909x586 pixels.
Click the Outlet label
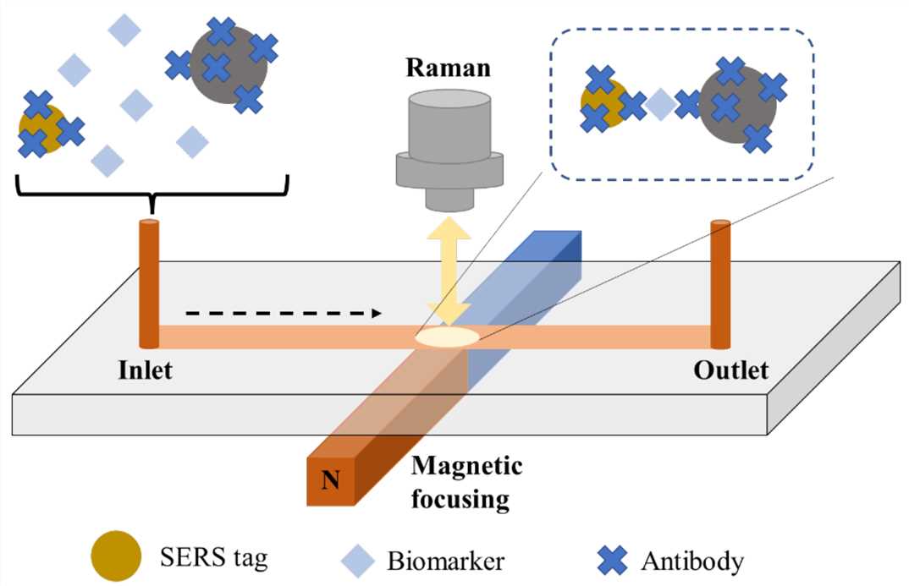(730, 370)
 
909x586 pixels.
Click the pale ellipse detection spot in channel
(448, 337)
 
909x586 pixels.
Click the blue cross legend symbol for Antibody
(613, 559)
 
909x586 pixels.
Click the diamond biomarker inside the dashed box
(661, 105)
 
